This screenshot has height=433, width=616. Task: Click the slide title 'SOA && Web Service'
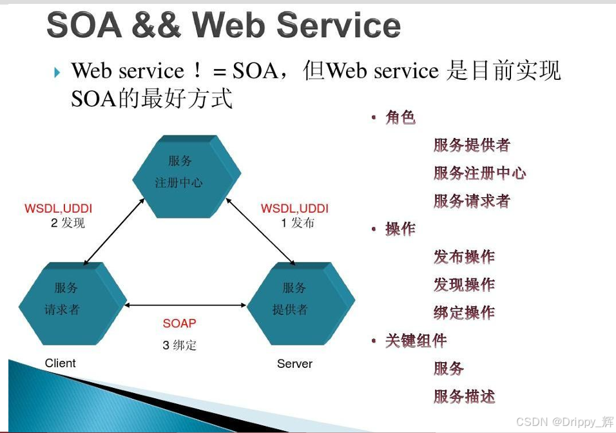point(224,25)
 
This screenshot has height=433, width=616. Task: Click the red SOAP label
point(179,323)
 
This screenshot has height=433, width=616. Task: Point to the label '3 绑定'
point(179,345)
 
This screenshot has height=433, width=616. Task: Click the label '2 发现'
point(68,223)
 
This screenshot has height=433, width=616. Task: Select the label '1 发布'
point(297,223)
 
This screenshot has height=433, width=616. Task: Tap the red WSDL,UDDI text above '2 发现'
point(59,209)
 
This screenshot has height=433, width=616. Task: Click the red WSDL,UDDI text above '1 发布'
point(294,209)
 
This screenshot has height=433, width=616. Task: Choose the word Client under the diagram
point(61,363)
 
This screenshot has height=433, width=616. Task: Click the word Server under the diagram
point(294,363)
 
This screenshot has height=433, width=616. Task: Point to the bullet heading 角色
point(400,117)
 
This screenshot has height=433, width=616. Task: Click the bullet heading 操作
point(400,229)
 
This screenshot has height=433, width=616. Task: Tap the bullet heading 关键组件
point(416,340)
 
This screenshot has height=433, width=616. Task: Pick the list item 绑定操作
point(464,313)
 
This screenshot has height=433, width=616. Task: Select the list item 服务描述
point(464,396)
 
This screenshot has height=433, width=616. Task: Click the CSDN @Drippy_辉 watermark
point(564,421)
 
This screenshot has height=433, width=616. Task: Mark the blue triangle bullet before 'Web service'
point(57,72)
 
